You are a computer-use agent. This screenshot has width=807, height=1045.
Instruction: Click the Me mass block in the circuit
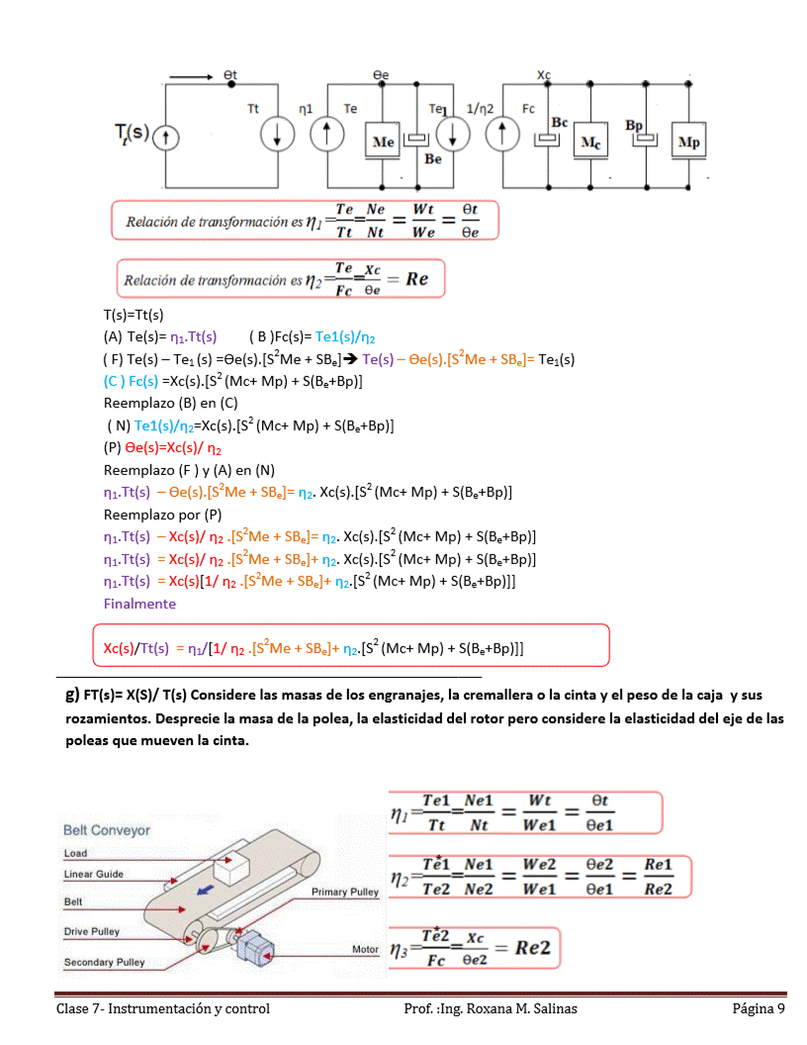pos(383,141)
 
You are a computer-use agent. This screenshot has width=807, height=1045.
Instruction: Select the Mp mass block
pos(689,142)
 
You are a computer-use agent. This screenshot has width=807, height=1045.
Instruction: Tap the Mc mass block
pos(589,142)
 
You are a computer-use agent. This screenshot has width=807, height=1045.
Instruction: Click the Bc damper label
pos(559,121)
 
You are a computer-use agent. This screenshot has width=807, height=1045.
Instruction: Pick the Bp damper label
pos(634,126)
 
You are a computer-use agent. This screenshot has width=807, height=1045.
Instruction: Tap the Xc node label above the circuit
pos(543,75)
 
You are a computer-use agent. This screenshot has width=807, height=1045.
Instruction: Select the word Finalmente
pos(139,603)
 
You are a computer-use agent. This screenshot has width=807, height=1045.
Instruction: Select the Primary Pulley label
pos(345,892)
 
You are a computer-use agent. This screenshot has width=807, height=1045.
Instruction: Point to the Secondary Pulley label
pos(104,962)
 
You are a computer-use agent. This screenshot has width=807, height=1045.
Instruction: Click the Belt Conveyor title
pos(107,829)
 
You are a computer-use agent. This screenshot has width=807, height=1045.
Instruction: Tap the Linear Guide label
pos(94,874)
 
